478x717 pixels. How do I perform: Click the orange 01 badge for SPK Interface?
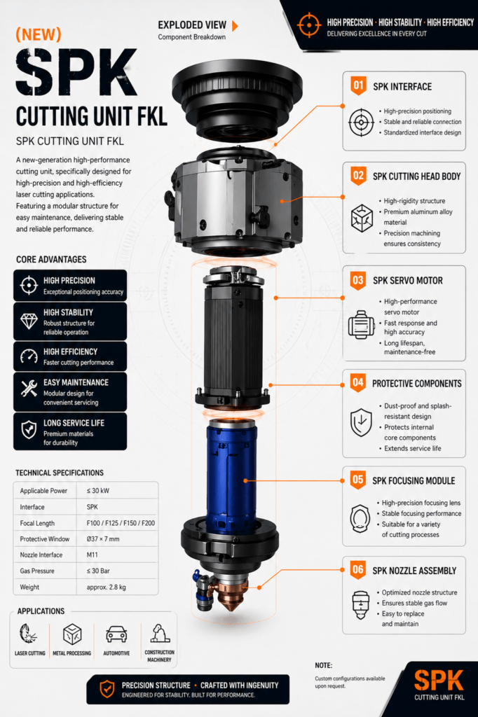(x=359, y=85)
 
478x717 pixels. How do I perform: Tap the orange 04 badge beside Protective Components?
(x=358, y=382)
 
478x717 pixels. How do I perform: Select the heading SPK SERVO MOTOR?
(x=407, y=281)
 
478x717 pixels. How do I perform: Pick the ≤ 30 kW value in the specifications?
(x=98, y=491)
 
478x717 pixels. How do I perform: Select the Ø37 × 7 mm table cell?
(x=103, y=539)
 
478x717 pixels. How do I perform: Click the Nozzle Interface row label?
(x=41, y=555)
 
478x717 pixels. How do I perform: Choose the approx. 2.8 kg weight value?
(x=107, y=587)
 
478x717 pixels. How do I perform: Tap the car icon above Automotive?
(x=116, y=634)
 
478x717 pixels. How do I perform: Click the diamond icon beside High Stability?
(x=29, y=321)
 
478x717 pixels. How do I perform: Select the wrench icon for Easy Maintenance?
(x=29, y=388)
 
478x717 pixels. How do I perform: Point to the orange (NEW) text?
(x=39, y=35)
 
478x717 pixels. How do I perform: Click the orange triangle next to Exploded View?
(x=235, y=26)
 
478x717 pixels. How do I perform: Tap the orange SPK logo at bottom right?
(x=439, y=681)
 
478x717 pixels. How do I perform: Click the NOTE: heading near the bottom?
(x=324, y=665)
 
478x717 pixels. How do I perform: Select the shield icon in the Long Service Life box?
(x=29, y=430)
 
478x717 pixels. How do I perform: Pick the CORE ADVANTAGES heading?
(x=51, y=259)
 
